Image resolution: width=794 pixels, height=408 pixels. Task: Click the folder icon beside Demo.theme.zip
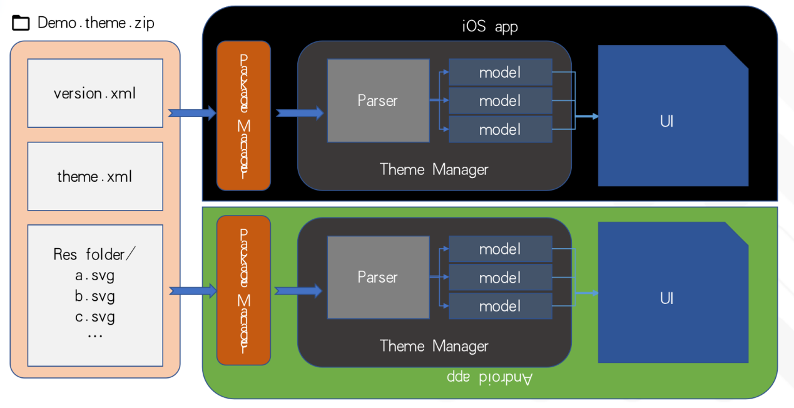click(x=21, y=24)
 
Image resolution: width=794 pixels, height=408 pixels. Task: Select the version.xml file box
click(x=95, y=93)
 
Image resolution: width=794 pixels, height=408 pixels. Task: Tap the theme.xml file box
click(x=95, y=176)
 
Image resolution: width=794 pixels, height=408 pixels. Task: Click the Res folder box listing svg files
click(x=95, y=295)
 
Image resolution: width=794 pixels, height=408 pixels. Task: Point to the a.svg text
click(x=95, y=275)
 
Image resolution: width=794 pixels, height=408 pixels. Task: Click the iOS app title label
click(x=490, y=27)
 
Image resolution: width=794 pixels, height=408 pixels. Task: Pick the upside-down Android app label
click(x=490, y=378)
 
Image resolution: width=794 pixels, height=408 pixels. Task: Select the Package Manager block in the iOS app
click(x=243, y=115)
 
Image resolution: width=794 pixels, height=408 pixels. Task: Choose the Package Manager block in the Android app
click(x=243, y=290)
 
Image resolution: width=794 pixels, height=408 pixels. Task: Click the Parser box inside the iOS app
click(x=378, y=100)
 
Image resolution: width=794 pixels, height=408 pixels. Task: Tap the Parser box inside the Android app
click(x=378, y=277)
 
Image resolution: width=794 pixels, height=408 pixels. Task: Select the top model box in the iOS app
click(x=501, y=72)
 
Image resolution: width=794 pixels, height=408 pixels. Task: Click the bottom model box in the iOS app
click(x=501, y=129)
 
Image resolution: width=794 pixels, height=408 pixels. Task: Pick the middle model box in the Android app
click(x=501, y=277)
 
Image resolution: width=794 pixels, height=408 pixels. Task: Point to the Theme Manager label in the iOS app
click(x=434, y=169)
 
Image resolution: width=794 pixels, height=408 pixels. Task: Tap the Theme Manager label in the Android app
click(x=434, y=346)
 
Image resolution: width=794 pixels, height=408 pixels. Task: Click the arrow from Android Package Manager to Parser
click(x=298, y=290)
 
